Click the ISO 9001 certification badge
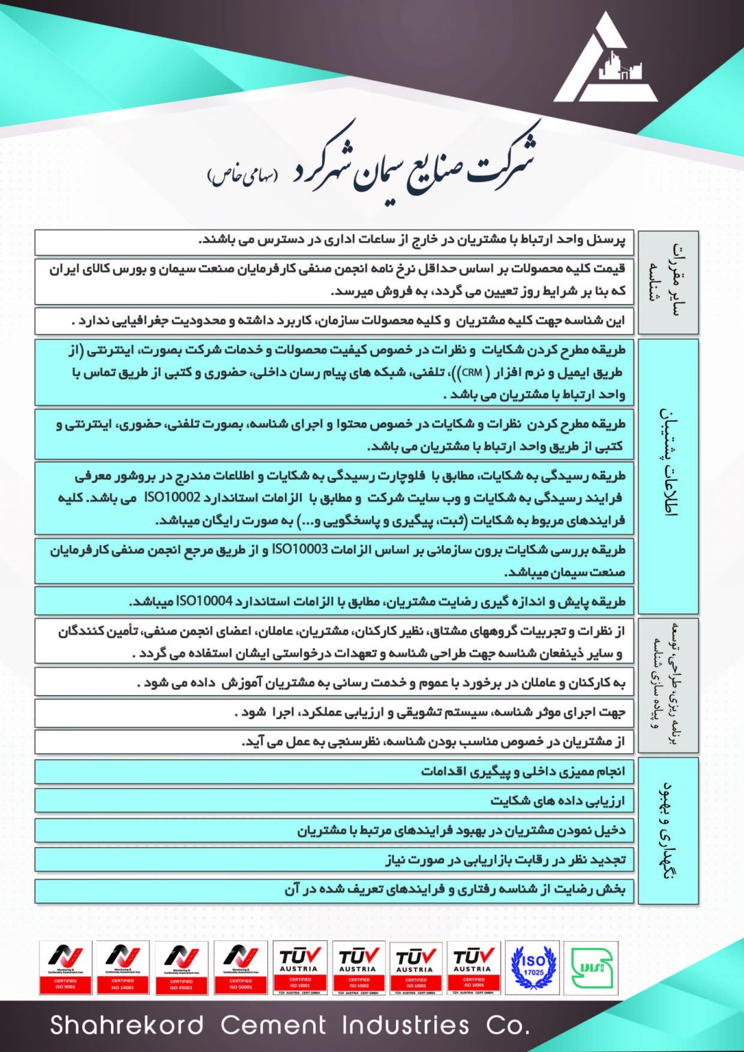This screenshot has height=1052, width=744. tap(65, 968)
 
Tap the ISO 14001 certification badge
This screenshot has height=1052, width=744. tap(123, 968)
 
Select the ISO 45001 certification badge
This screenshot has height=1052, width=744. tap(181, 968)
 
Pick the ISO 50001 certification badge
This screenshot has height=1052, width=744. tap(240, 968)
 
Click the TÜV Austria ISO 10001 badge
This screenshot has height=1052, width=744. tap(299, 968)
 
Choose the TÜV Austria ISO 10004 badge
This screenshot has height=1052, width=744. tap(473, 968)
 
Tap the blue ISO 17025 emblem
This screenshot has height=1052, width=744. tap(533, 968)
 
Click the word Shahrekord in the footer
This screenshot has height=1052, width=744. tap(127, 1025)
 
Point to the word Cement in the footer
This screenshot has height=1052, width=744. tap(273, 1025)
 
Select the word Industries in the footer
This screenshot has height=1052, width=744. tap(406, 1025)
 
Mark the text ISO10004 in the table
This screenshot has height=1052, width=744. tap(204, 601)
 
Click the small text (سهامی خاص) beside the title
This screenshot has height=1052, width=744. tap(243, 175)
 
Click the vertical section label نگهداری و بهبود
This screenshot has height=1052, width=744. tap(668, 830)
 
